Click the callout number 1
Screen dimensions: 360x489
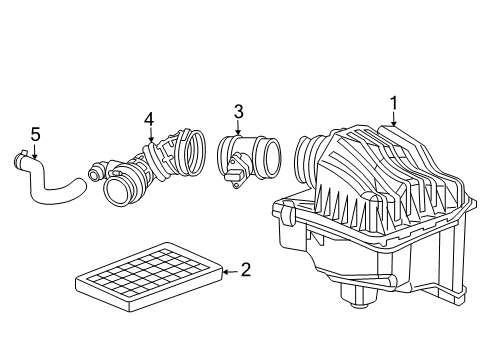[x=394, y=102]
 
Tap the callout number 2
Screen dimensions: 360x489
[x=246, y=269]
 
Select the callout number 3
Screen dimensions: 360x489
[x=238, y=111]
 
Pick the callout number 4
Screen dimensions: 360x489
[x=149, y=119]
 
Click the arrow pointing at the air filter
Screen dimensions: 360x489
[x=229, y=269]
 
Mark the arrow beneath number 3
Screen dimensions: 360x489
[x=238, y=127]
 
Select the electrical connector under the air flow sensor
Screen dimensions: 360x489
[x=237, y=181]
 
